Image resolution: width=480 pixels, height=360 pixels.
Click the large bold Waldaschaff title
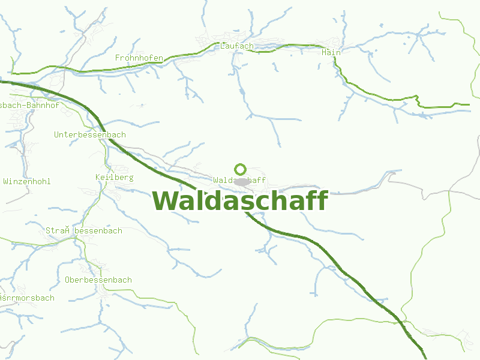(x=240, y=201)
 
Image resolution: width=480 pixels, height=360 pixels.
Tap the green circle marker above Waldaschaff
(x=241, y=169)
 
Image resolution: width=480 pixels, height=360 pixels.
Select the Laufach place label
(x=237, y=46)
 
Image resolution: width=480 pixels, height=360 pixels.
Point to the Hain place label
(x=331, y=52)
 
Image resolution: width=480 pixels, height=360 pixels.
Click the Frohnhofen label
(x=139, y=58)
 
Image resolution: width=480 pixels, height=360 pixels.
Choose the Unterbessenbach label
(x=90, y=134)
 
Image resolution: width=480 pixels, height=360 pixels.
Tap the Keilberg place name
(x=114, y=178)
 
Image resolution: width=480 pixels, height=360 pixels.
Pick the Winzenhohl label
(x=27, y=181)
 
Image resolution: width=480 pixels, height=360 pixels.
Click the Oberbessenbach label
(x=98, y=280)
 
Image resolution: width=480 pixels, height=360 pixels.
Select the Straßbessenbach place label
(x=84, y=230)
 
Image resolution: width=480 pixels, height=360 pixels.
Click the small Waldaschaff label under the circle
(x=239, y=179)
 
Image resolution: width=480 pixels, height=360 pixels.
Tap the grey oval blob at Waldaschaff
(x=242, y=182)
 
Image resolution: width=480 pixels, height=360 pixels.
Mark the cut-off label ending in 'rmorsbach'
(x=27, y=298)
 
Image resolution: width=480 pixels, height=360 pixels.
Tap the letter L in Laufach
(x=223, y=46)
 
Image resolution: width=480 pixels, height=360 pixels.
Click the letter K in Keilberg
(x=98, y=178)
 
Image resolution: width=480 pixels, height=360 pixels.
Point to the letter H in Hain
(x=324, y=52)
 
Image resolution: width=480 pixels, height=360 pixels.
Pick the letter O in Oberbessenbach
(x=67, y=280)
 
